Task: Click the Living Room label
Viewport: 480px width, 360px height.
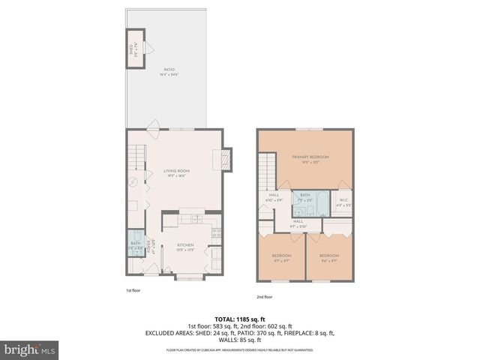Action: point(176,172)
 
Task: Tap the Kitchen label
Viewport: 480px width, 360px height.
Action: point(185,244)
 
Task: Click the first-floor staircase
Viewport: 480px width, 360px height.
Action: point(136,158)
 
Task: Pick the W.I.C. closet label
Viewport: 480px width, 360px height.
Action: point(343,200)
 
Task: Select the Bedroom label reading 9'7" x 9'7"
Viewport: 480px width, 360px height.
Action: point(281,256)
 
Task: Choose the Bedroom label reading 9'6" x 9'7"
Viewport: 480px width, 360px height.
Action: point(329,256)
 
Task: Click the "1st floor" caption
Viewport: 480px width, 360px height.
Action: point(133,289)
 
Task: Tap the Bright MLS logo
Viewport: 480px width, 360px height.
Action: point(29,349)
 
